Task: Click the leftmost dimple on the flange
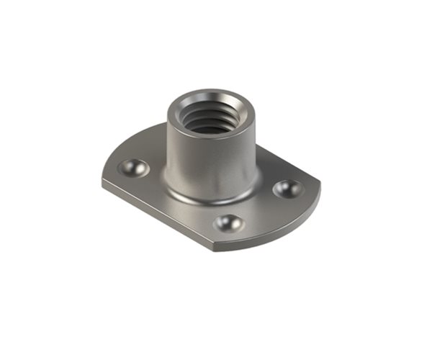133,168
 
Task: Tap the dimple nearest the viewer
229,222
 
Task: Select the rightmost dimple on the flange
288,189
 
